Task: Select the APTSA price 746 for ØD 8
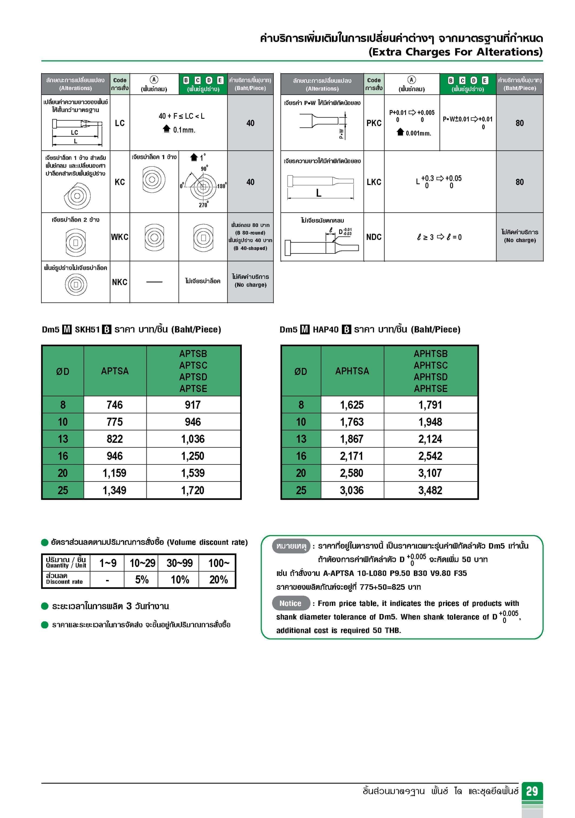[115, 405]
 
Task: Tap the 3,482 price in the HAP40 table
[430, 490]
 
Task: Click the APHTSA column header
[352, 371]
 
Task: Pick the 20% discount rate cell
[218, 580]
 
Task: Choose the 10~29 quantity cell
[143, 563]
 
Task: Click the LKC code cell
[374, 182]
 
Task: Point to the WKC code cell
[120, 237]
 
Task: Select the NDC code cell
[374, 237]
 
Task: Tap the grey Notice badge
[290, 603]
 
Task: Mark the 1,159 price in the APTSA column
[115, 473]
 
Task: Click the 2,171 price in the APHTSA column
[352, 456]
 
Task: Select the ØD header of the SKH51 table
[63, 371]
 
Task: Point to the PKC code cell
[374, 123]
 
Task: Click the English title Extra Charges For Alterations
[455, 52]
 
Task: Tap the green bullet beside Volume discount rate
[45, 542]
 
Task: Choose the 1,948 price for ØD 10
[430, 422]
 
